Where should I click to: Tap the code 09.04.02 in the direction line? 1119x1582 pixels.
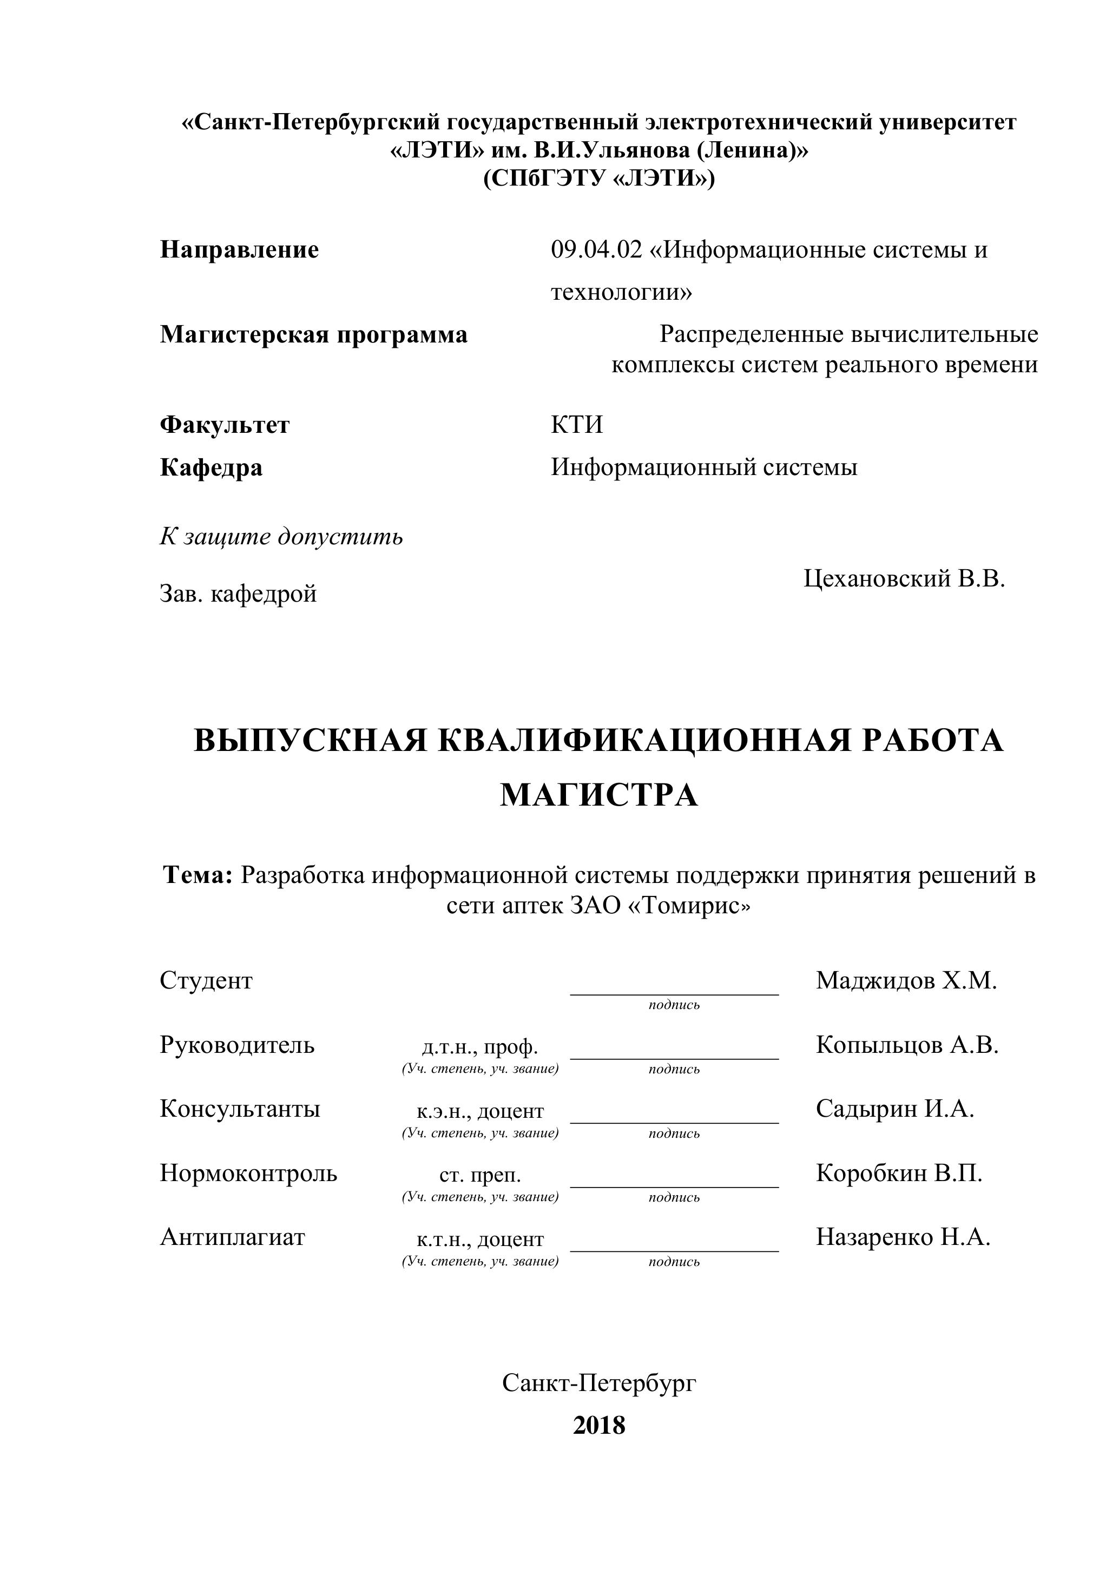pos(596,249)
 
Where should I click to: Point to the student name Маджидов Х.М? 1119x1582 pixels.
pos(906,980)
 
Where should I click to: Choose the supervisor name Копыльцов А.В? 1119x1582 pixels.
pos(907,1045)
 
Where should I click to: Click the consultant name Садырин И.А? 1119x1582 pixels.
pos(894,1109)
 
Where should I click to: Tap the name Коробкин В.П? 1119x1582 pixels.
pos(899,1173)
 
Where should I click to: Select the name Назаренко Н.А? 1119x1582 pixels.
pos(903,1237)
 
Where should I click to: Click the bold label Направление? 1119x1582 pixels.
pos(239,249)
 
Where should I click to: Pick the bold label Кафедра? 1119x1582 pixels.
pos(211,468)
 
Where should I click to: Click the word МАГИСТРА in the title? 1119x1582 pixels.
pos(599,795)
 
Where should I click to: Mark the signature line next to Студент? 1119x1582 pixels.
pos(674,993)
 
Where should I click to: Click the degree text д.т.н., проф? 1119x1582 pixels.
pos(479,1047)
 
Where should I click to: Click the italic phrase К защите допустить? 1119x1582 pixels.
pos(281,536)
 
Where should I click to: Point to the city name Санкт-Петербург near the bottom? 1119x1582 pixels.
pos(599,1382)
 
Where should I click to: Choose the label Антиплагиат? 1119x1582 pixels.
pos(232,1237)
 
